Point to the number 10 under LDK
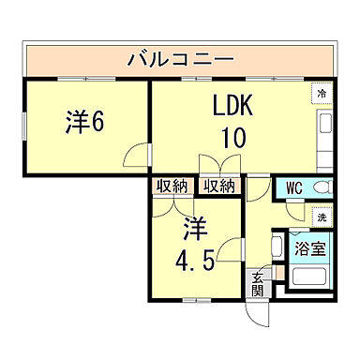coord(232,138)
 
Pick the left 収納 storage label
coord(171,186)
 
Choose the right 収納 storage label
coord(218,186)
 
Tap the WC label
coord(292,187)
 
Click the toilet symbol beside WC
coord(322,187)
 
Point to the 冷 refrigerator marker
coord(322,94)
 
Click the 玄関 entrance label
coord(258,280)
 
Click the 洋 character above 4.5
coord(192,228)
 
